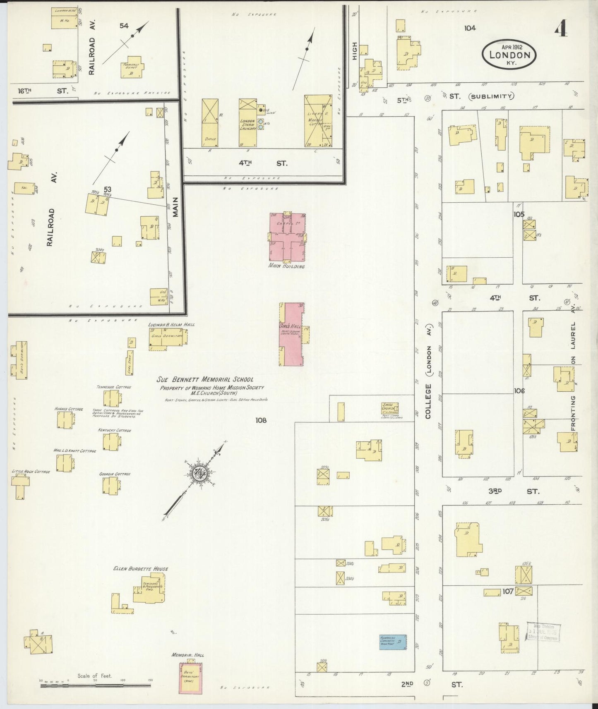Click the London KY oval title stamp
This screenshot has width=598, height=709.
tap(509, 55)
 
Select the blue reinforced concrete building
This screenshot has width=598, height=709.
tap(392, 652)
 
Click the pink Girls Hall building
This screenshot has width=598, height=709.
tap(293, 334)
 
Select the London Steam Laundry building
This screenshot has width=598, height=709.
tap(247, 123)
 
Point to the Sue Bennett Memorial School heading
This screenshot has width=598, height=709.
tap(205, 379)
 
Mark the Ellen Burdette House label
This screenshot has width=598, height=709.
tap(141, 569)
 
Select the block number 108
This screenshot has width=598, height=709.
tap(261, 420)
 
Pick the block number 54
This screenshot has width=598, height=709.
tap(124, 26)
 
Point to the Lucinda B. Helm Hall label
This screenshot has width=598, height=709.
tap(171, 325)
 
